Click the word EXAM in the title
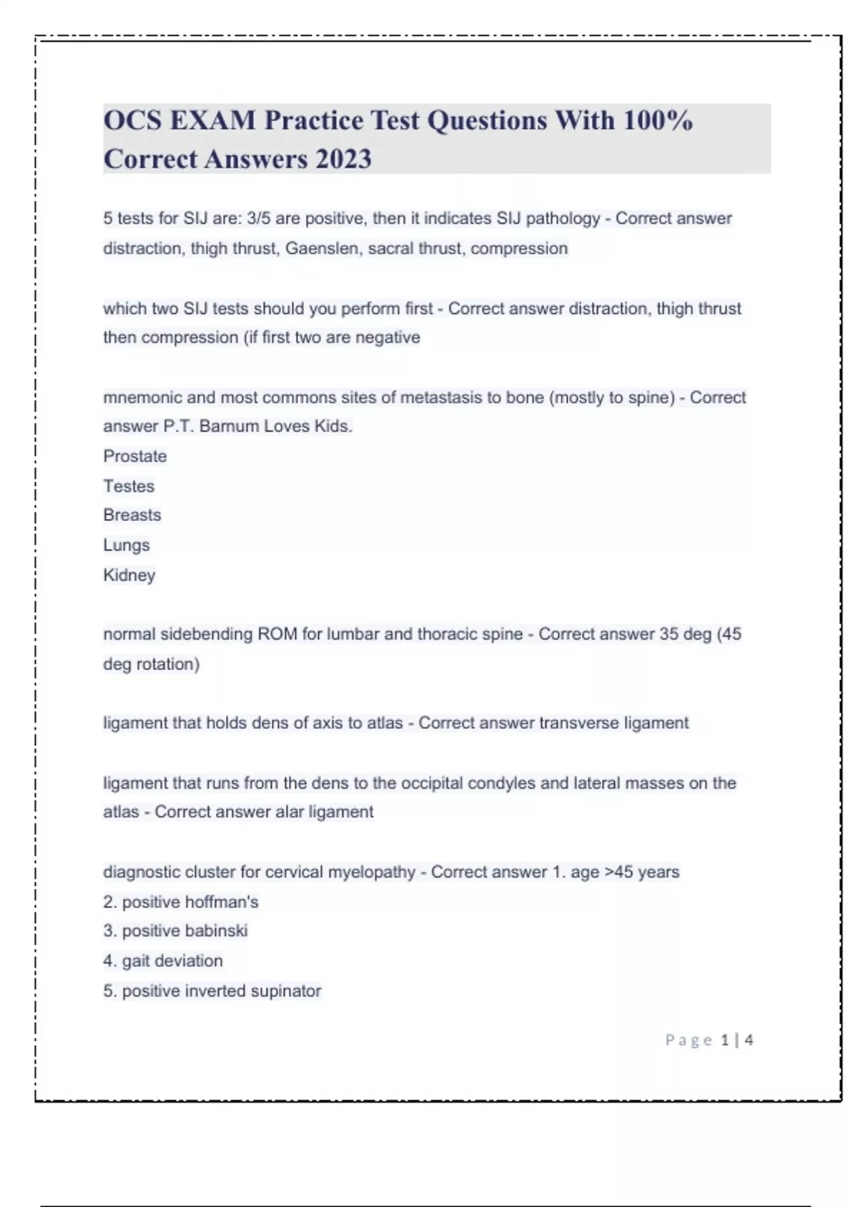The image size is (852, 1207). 212,121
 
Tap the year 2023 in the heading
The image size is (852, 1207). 344,159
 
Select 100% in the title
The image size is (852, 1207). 657,121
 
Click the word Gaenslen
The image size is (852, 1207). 323,248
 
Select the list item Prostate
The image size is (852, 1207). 135,456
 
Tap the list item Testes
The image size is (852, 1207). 129,486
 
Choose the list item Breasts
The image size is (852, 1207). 132,515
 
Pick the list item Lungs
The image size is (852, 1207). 126,545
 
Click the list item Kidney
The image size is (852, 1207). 129,575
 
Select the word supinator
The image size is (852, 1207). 283,990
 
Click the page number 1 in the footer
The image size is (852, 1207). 725,1040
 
